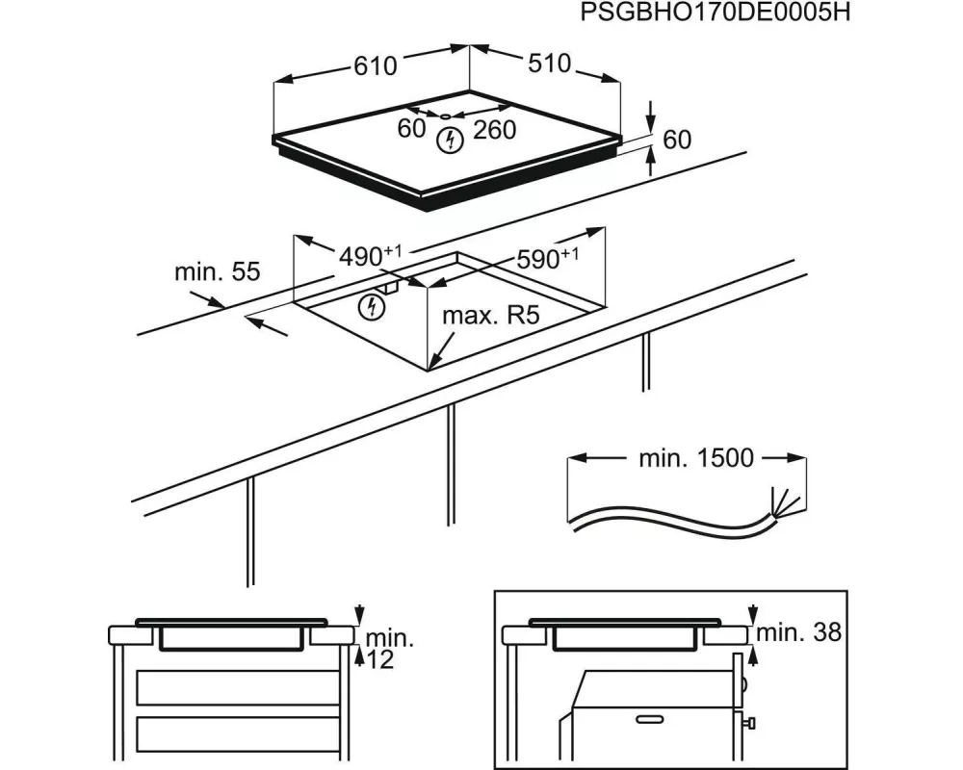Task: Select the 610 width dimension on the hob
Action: coord(375,66)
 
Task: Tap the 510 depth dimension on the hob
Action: coord(549,64)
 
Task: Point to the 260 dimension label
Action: coord(495,129)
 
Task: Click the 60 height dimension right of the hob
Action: coord(677,140)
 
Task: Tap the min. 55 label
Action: coord(217,272)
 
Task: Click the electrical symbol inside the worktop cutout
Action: coord(371,307)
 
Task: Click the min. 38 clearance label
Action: coord(799,632)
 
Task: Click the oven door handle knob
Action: coord(749,722)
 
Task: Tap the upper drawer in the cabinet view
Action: coord(238,687)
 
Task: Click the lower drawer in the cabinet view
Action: coord(238,736)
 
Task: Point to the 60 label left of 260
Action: coord(411,128)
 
